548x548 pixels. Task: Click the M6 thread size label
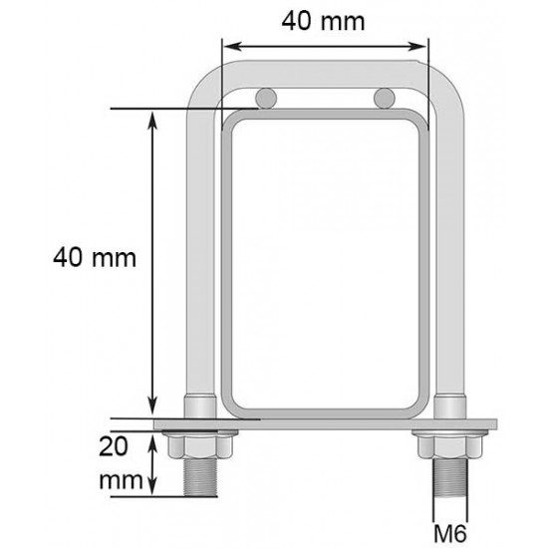[450, 534]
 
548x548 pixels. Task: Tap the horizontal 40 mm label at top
[323, 21]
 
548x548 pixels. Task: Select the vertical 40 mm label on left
[95, 258]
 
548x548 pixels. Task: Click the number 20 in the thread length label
[114, 446]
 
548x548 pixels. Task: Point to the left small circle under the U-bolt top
[266, 99]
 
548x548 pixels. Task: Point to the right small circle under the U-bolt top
[385, 99]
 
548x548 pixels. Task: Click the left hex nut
[200, 446]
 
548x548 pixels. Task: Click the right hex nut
[450, 446]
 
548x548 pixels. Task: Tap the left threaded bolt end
[200, 477]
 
